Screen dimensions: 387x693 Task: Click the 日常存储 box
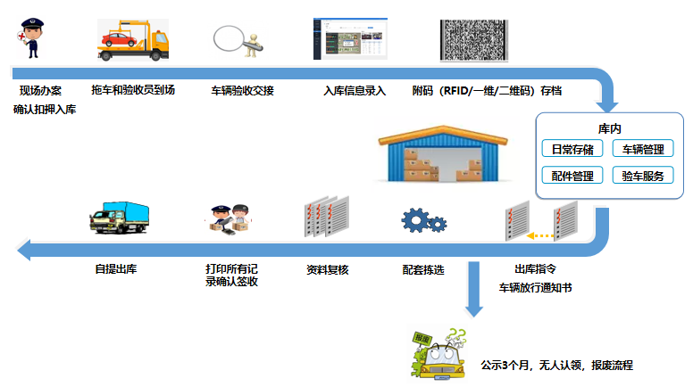(x=572, y=149)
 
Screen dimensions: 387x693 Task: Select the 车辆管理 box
(x=642, y=149)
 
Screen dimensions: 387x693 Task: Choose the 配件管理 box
(x=572, y=176)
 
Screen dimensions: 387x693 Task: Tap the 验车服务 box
(x=642, y=176)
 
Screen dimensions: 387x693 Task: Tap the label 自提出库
(x=115, y=268)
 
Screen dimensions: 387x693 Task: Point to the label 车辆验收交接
(x=242, y=91)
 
